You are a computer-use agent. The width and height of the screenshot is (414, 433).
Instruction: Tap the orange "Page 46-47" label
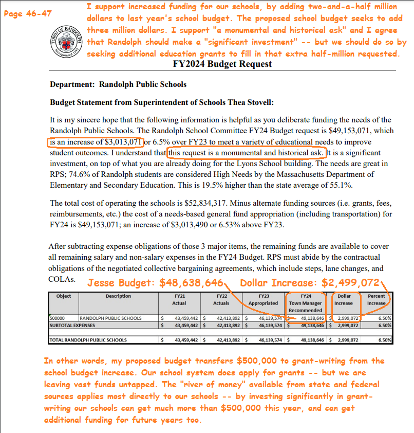[27, 14]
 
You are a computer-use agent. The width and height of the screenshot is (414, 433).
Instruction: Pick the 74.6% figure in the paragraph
[84, 175]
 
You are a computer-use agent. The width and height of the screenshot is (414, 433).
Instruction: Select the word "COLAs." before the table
[63, 279]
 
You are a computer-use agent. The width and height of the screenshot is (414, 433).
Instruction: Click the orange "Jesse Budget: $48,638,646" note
[155, 283]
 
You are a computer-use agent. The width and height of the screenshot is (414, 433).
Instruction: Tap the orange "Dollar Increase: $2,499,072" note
[310, 283]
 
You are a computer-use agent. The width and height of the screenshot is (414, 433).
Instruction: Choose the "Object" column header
[64, 296]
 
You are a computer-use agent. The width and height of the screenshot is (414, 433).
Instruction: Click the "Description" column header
[118, 296]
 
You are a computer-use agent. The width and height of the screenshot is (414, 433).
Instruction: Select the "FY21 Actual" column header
[179, 300]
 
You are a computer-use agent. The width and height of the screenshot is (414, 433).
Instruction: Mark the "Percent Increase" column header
[376, 300]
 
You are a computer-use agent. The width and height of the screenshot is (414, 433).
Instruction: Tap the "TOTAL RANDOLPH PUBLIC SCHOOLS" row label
[87, 340]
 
